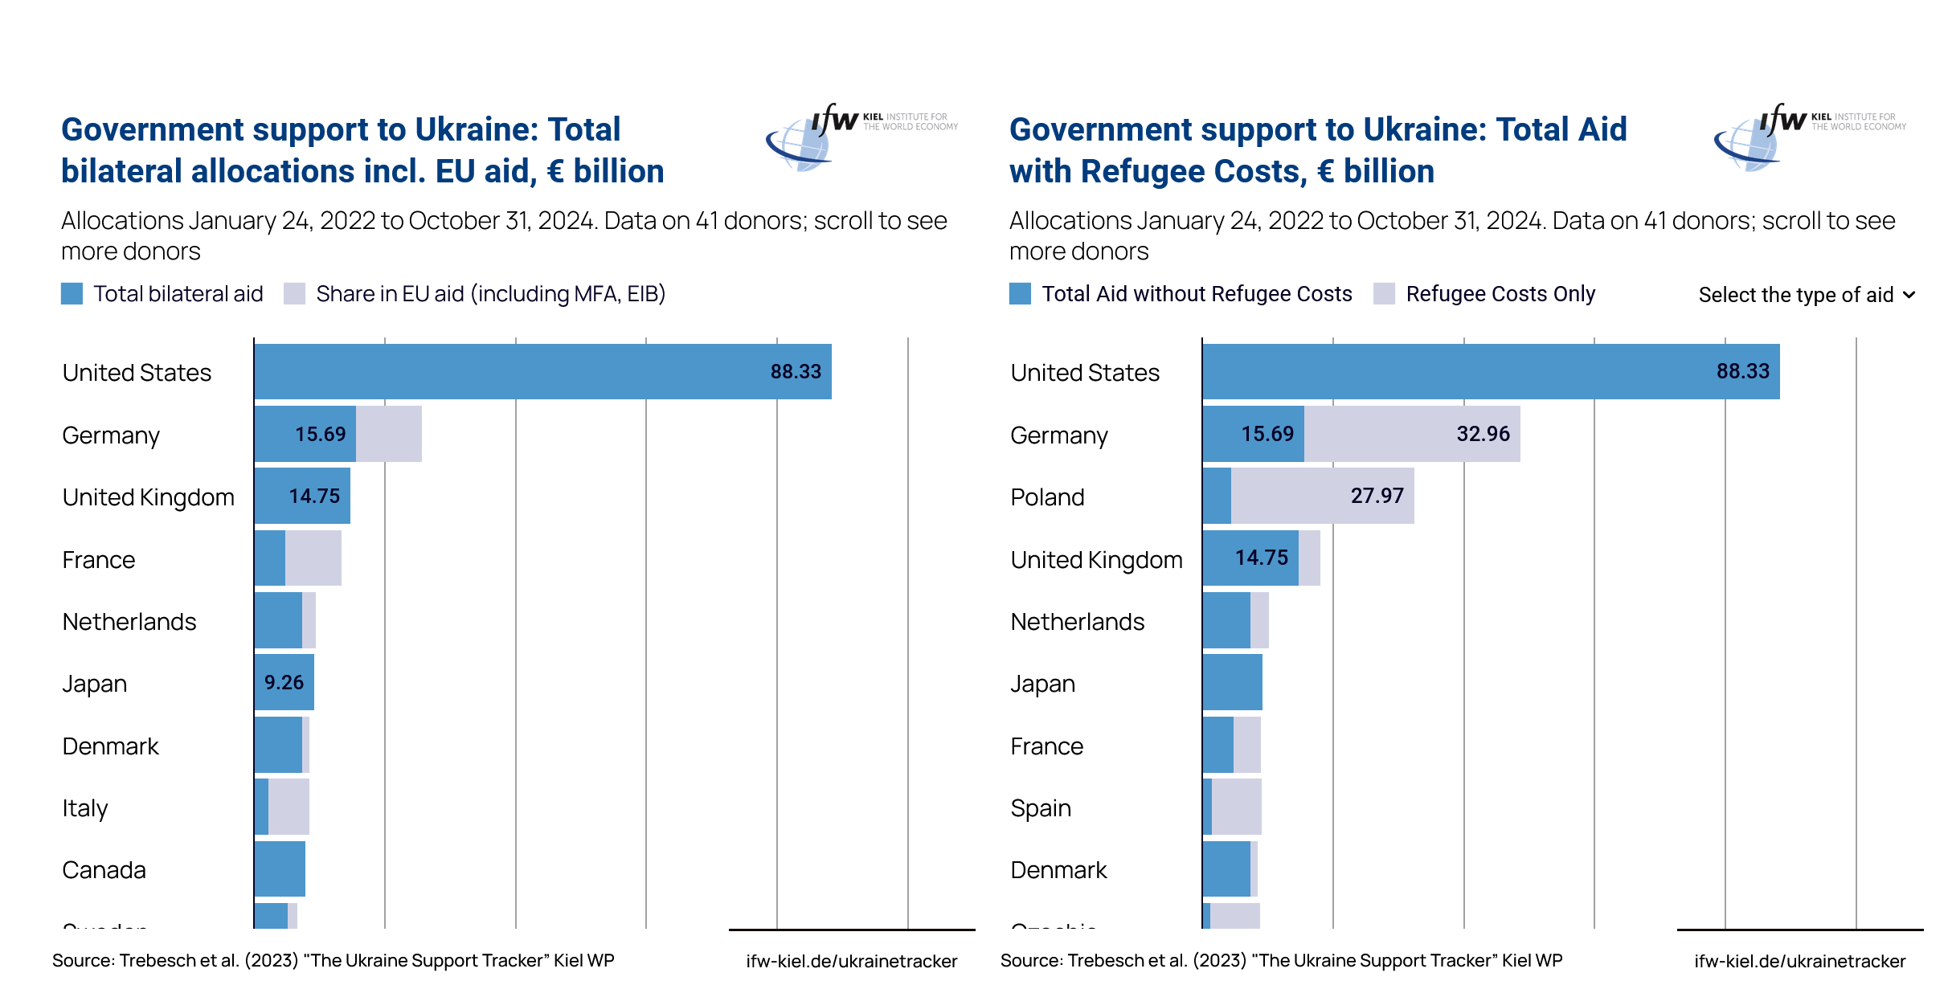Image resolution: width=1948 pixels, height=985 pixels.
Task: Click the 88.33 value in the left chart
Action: pos(796,371)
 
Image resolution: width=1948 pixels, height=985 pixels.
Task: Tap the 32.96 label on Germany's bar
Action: pos(1483,434)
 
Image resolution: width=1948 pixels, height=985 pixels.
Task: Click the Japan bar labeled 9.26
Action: pos(284,682)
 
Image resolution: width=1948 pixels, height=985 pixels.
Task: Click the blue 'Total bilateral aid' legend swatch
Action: pos(72,294)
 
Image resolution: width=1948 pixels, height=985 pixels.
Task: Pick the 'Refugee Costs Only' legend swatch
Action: pos(1384,294)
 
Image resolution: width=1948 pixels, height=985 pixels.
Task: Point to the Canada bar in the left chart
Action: pos(280,869)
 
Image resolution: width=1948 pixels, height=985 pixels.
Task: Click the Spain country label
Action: pos(1041,807)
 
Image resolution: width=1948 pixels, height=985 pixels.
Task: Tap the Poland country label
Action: pos(1047,497)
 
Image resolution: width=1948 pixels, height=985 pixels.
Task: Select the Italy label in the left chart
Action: pos(85,807)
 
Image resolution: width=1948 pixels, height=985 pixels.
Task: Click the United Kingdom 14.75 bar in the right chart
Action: pos(1250,558)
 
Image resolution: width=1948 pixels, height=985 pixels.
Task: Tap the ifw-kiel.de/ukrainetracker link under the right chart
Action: pos(1799,961)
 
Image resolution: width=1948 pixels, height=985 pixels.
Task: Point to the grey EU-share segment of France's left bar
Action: pos(313,558)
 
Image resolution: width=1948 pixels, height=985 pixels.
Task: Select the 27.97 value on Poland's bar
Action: pos(1377,496)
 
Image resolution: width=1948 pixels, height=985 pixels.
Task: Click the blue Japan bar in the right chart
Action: pos(1232,682)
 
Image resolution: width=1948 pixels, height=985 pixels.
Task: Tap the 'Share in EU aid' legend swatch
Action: pos(295,294)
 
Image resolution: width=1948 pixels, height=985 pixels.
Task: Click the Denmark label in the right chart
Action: pos(1058,870)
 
